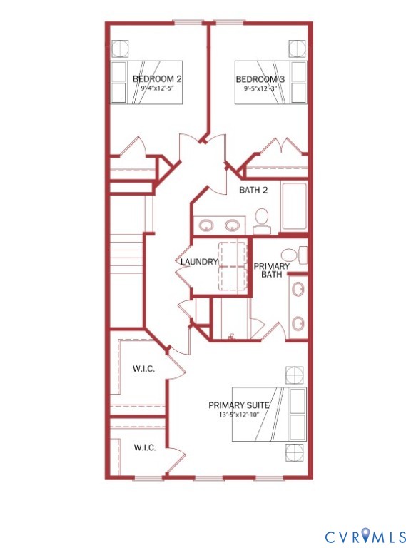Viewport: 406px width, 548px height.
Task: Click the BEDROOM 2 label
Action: (156, 79)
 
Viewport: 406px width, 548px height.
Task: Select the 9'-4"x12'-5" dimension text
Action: (156, 90)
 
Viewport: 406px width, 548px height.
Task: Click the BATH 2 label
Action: (253, 190)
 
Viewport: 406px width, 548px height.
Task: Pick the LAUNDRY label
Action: (198, 262)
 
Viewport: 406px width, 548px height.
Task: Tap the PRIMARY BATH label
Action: (272, 270)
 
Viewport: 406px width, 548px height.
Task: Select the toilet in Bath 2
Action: (262, 219)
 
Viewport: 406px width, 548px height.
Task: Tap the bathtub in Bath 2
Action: (293, 207)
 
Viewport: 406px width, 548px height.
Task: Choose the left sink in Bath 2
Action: (206, 225)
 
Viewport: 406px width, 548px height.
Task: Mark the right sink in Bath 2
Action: (233, 225)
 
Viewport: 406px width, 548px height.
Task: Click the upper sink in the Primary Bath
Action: (298, 290)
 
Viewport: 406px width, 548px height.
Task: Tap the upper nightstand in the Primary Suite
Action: (294, 375)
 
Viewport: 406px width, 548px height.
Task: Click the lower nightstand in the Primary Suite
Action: (294, 452)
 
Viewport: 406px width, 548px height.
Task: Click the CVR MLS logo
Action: (366, 536)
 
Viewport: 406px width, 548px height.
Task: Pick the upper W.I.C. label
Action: (145, 370)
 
